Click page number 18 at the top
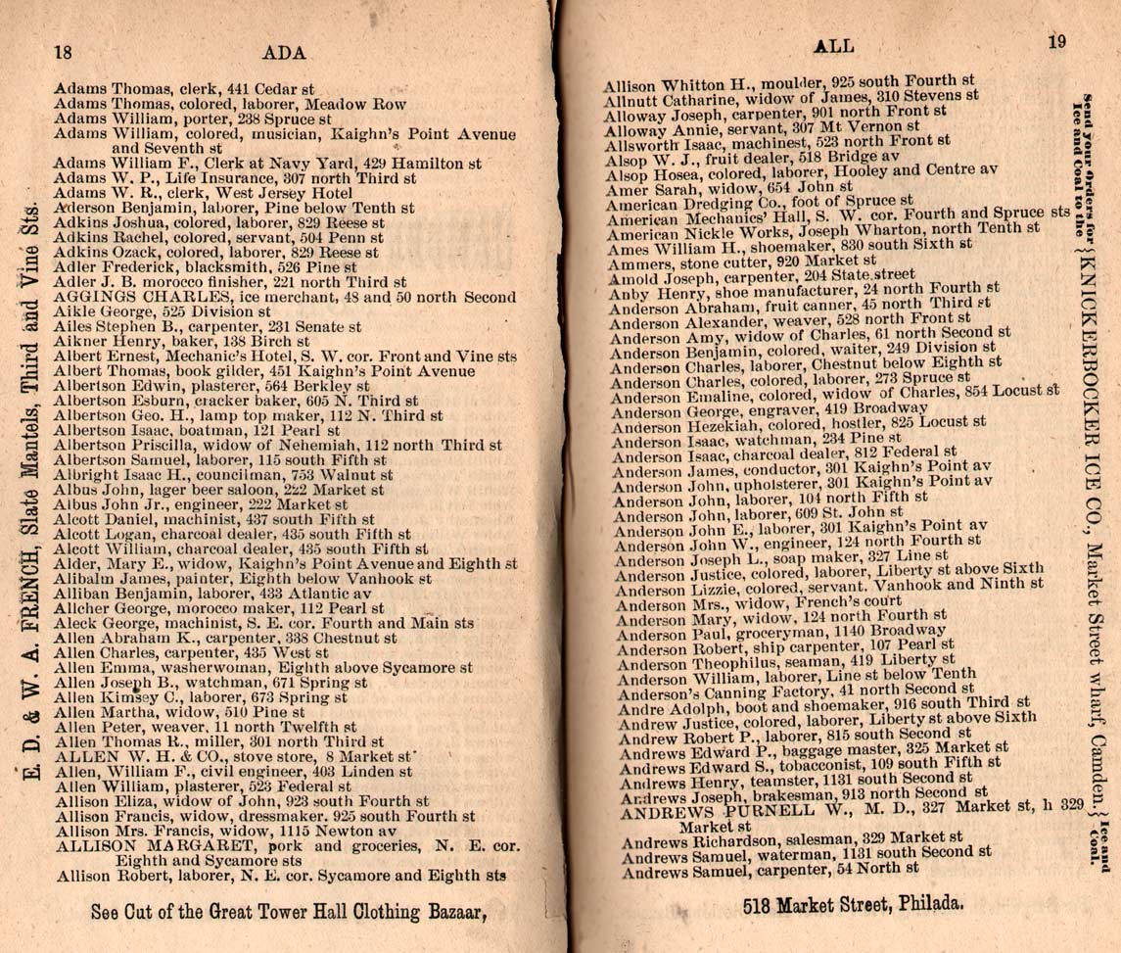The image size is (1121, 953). click(x=66, y=52)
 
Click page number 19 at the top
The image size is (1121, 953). click(x=1055, y=42)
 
